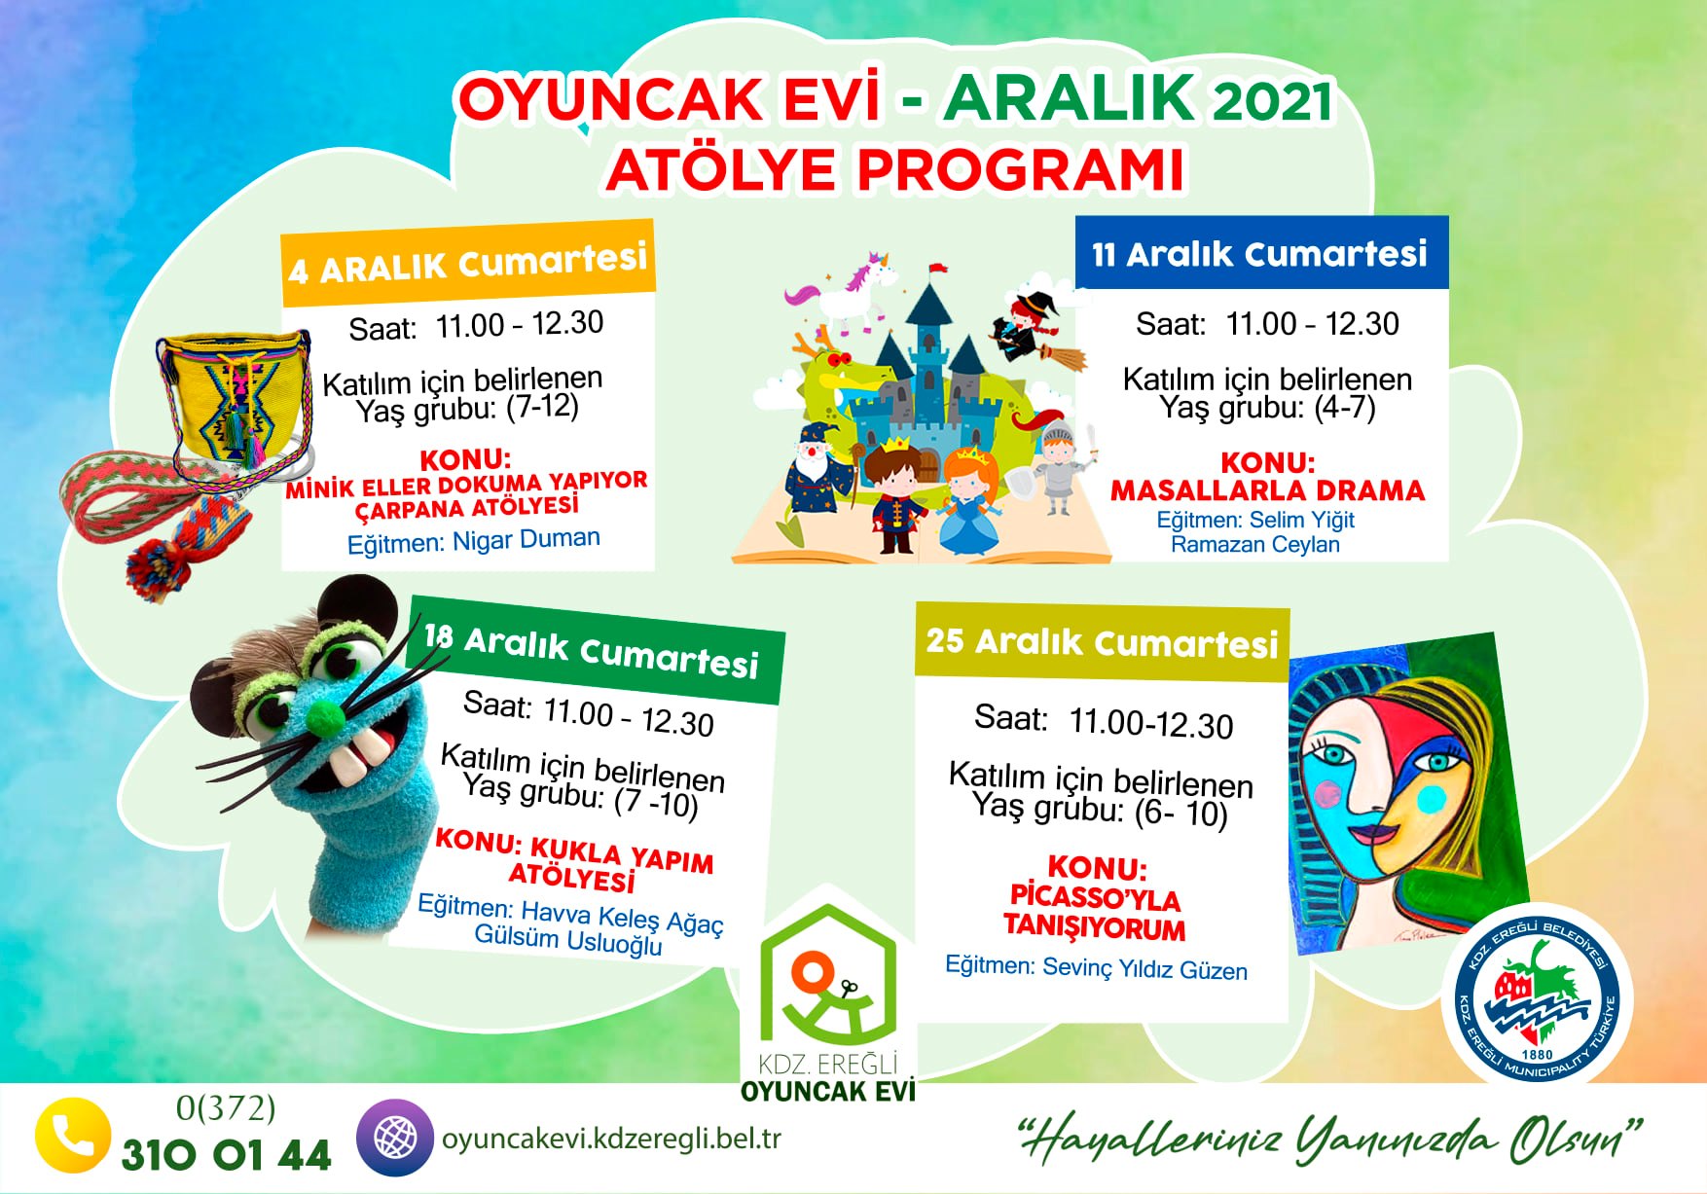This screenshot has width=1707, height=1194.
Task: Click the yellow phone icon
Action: (x=72, y=1135)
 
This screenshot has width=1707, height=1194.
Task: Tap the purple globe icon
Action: (x=394, y=1137)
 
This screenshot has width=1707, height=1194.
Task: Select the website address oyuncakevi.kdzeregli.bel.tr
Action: (x=611, y=1138)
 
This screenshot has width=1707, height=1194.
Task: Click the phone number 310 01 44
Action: (x=226, y=1155)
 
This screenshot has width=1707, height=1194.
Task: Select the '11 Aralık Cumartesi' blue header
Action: (x=1261, y=253)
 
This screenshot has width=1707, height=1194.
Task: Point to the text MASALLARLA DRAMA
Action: (x=1267, y=489)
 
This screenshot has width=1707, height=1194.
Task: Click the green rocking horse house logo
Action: (x=828, y=974)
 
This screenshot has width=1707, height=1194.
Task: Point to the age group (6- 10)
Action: (x=1180, y=813)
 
